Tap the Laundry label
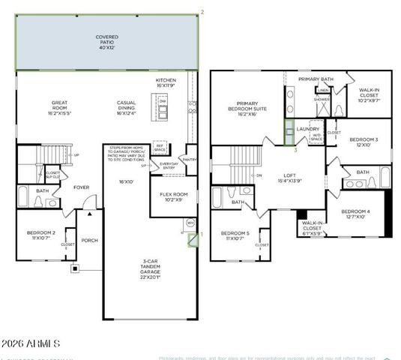coord(308,129)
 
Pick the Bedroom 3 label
coord(364,142)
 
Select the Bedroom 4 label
coord(356,214)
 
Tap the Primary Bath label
coord(315,79)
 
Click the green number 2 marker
coord(202,11)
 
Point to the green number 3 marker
coord(295,150)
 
